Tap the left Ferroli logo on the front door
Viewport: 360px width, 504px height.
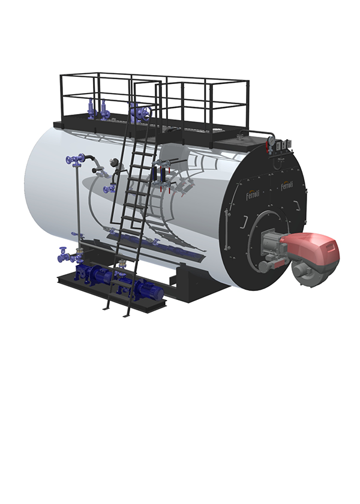pos(253,194)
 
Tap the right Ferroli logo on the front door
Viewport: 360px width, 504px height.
pos(287,185)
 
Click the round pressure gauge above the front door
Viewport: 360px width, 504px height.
pos(271,140)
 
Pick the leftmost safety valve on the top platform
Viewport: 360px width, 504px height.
pos(91,109)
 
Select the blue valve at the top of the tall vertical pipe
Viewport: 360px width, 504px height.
pos(75,159)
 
